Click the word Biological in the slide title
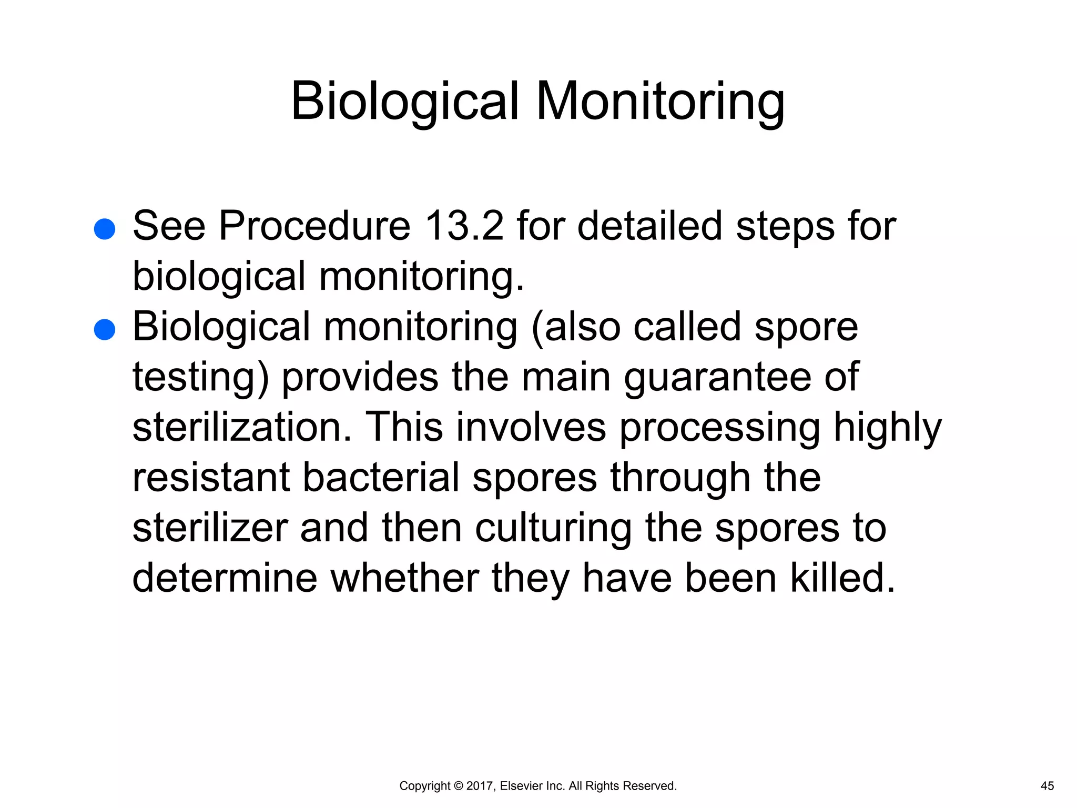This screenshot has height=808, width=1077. (x=405, y=101)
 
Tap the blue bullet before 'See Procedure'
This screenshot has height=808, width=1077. (x=104, y=229)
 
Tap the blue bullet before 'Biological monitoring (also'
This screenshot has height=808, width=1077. (x=104, y=330)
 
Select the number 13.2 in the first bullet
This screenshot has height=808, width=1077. (x=464, y=226)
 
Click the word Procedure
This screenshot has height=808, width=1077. (x=314, y=226)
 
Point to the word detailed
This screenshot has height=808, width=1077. (x=650, y=226)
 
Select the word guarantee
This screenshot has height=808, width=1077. (x=718, y=378)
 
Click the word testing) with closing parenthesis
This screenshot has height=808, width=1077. (x=201, y=378)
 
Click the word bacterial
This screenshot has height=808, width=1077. (x=381, y=478)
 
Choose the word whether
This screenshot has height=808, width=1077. (x=405, y=578)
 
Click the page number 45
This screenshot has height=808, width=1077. (x=1047, y=786)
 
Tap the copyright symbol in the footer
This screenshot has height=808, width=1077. (x=458, y=786)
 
